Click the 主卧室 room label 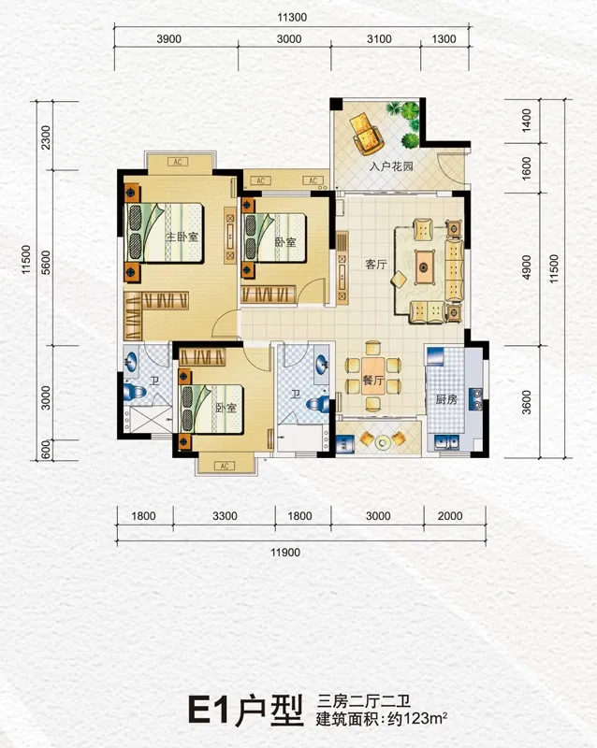tap(182, 237)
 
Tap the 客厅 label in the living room tap(376, 264)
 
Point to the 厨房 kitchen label tap(446, 399)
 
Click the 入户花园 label tap(391, 166)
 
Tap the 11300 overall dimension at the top tap(292, 18)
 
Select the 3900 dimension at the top tap(169, 39)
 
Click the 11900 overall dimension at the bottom tap(285, 553)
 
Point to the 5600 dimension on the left tap(46, 263)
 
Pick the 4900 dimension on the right tap(526, 267)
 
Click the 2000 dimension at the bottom tap(450, 516)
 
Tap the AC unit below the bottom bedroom tap(225, 466)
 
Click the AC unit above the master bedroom tap(178, 162)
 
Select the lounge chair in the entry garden tap(366, 134)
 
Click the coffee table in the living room tap(423, 266)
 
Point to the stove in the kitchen tap(475, 399)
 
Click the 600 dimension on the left tap(46, 450)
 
